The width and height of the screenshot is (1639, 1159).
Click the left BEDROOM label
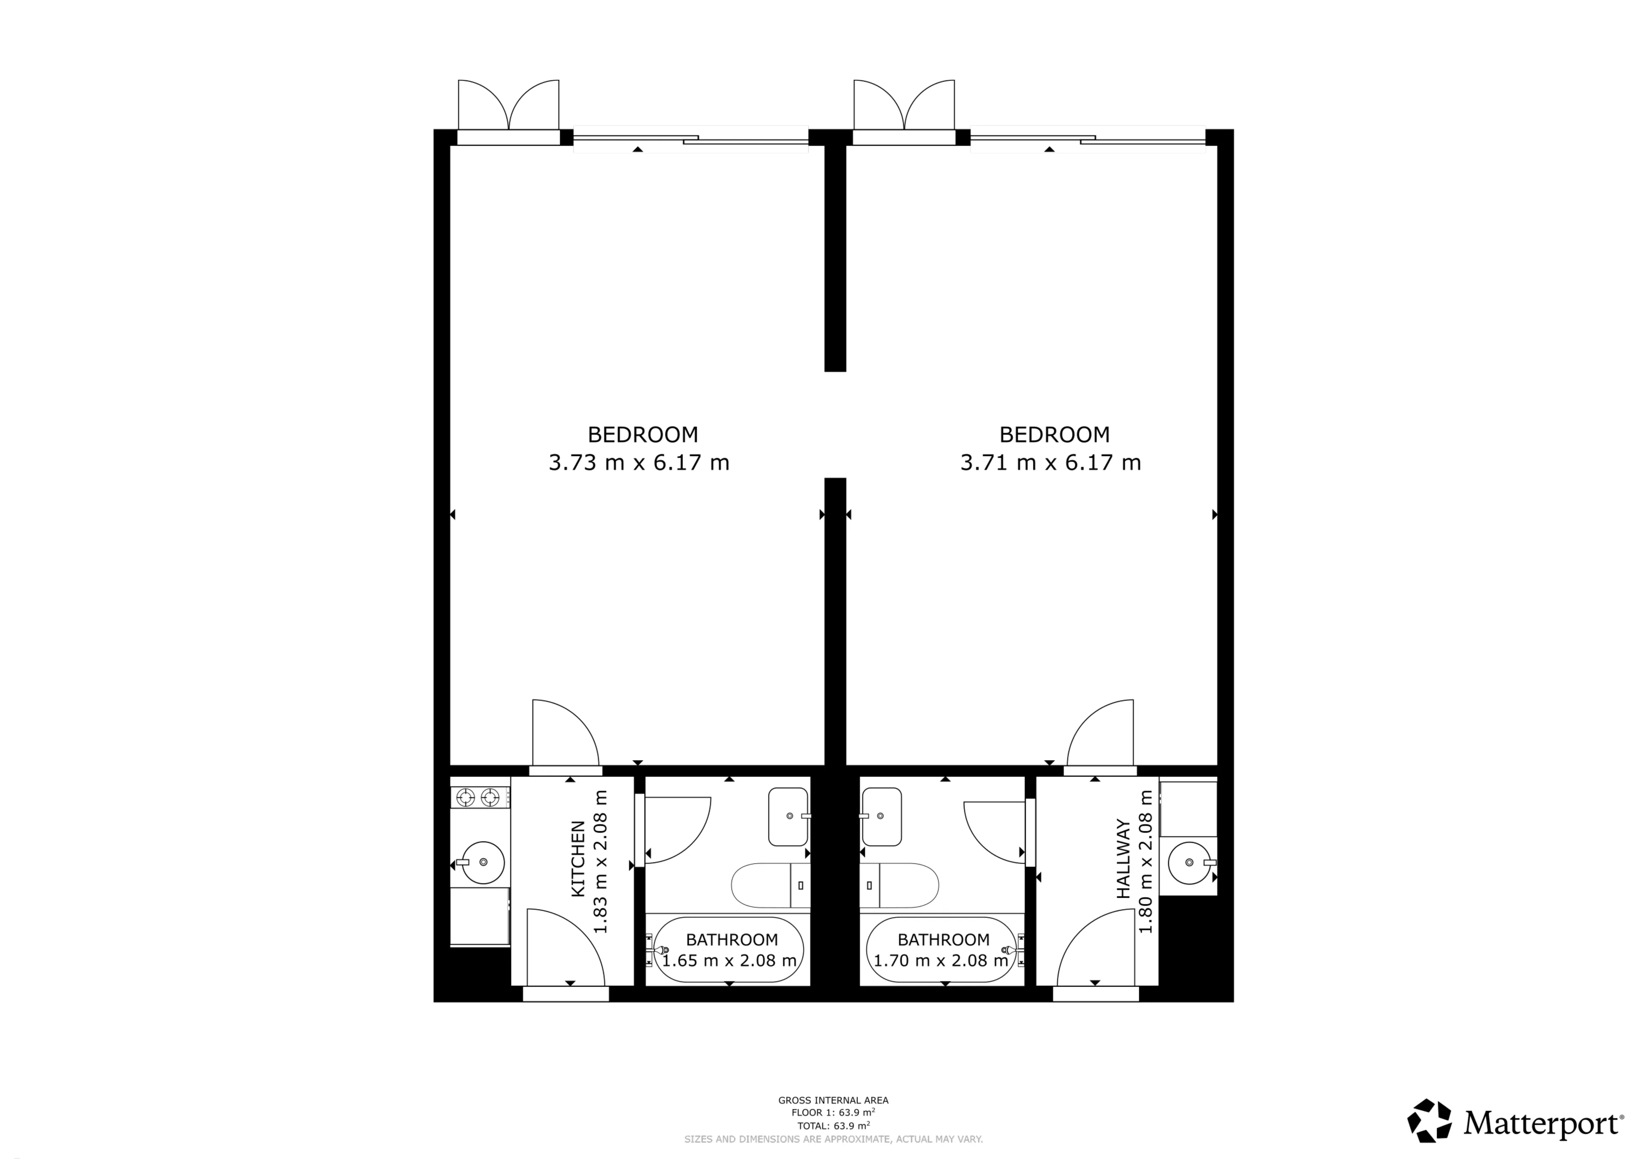coord(642,434)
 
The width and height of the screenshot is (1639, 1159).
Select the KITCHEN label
coord(578,859)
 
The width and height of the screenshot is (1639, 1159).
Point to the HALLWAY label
coord(1123,858)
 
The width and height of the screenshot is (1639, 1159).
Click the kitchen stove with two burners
coord(480,797)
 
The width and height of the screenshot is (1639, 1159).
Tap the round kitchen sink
coord(483,862)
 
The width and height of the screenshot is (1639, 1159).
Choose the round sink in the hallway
coord(1189,863)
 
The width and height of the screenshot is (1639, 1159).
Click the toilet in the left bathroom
coord(771,885)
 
